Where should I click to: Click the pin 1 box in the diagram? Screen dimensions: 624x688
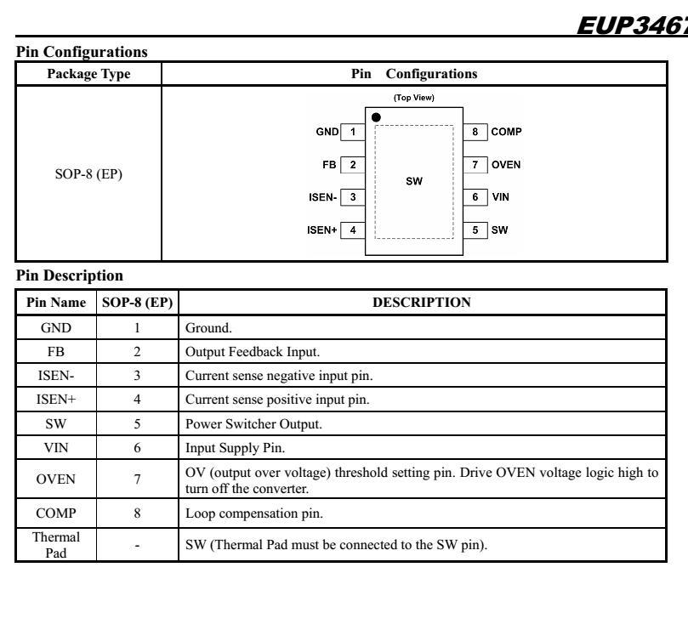point(355,132)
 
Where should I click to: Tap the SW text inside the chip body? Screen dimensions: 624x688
point(416,180)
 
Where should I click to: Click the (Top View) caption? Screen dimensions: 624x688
point(416,97)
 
